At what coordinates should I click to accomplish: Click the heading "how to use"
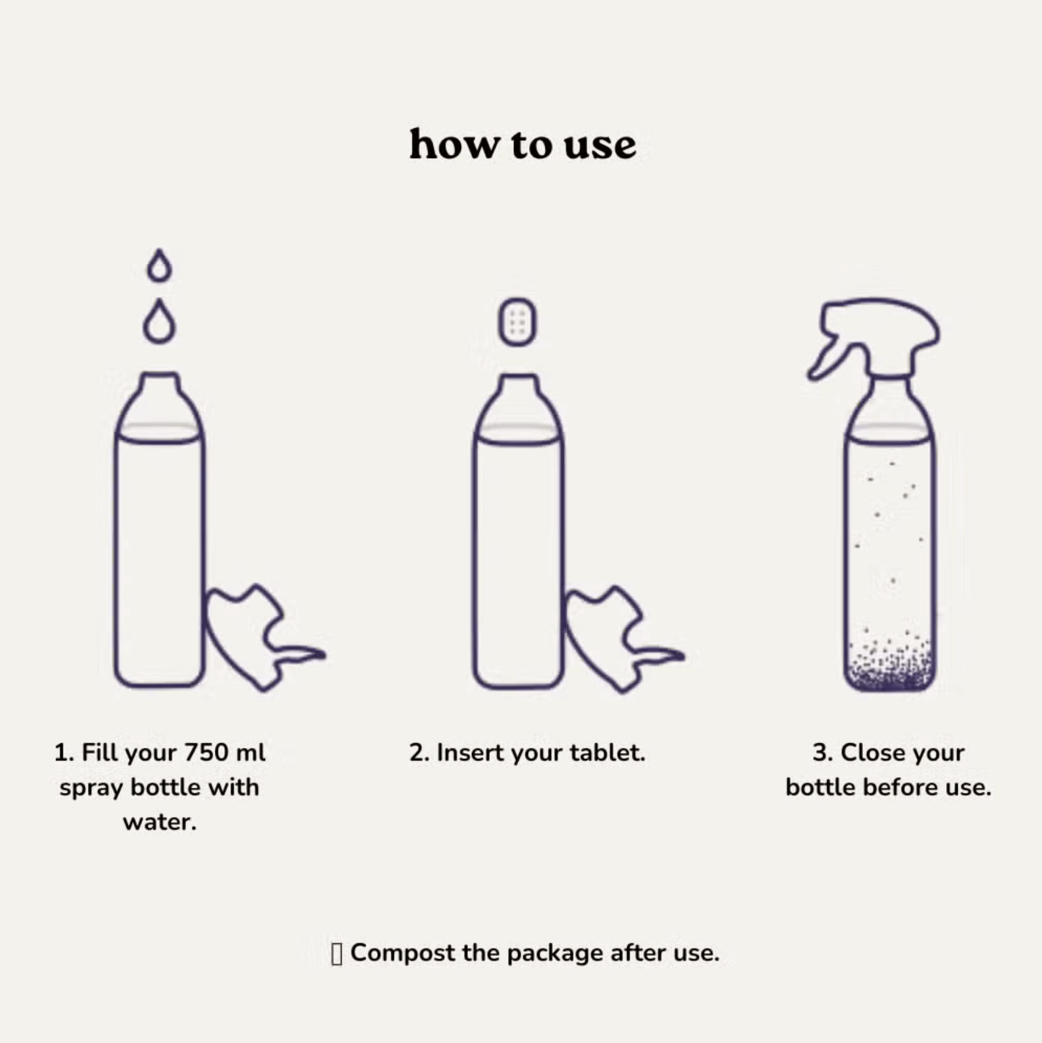523,144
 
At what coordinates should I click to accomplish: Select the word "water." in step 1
159,822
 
